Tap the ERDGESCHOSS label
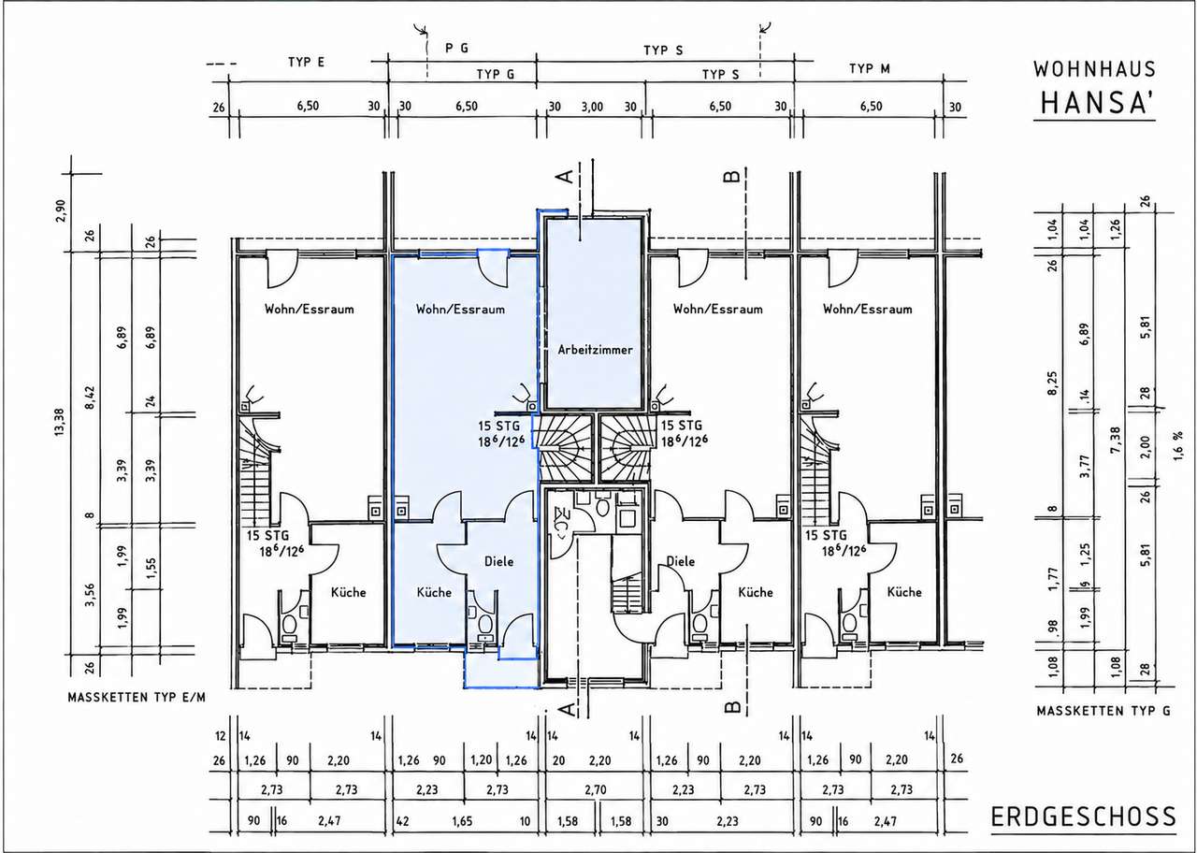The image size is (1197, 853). (x=1084, y=817)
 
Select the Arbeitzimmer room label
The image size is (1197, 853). (x=596, y=350)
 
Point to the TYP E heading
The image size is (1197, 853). (x=306, y=62)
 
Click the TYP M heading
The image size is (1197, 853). (x=870, y=68)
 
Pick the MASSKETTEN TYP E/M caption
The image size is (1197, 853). (x=137, y=698)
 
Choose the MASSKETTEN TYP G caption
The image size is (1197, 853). (x=1103, y=711)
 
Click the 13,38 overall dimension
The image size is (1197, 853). (x=59, y=422)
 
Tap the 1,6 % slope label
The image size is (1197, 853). (x=1185, y=445)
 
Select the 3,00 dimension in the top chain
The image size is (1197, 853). (x=592, y=107)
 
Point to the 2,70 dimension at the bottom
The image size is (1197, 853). (x=596, y=790)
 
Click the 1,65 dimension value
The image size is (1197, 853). (x=462, y=820)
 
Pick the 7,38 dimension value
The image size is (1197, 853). (x=1116, y=441)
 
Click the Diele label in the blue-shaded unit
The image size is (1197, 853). (x=498, y=561)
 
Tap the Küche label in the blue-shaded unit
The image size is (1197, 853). (x=434, y=592)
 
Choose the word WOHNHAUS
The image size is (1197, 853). (x=1095, y=69)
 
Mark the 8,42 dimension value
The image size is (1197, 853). (x=90, y=398)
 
